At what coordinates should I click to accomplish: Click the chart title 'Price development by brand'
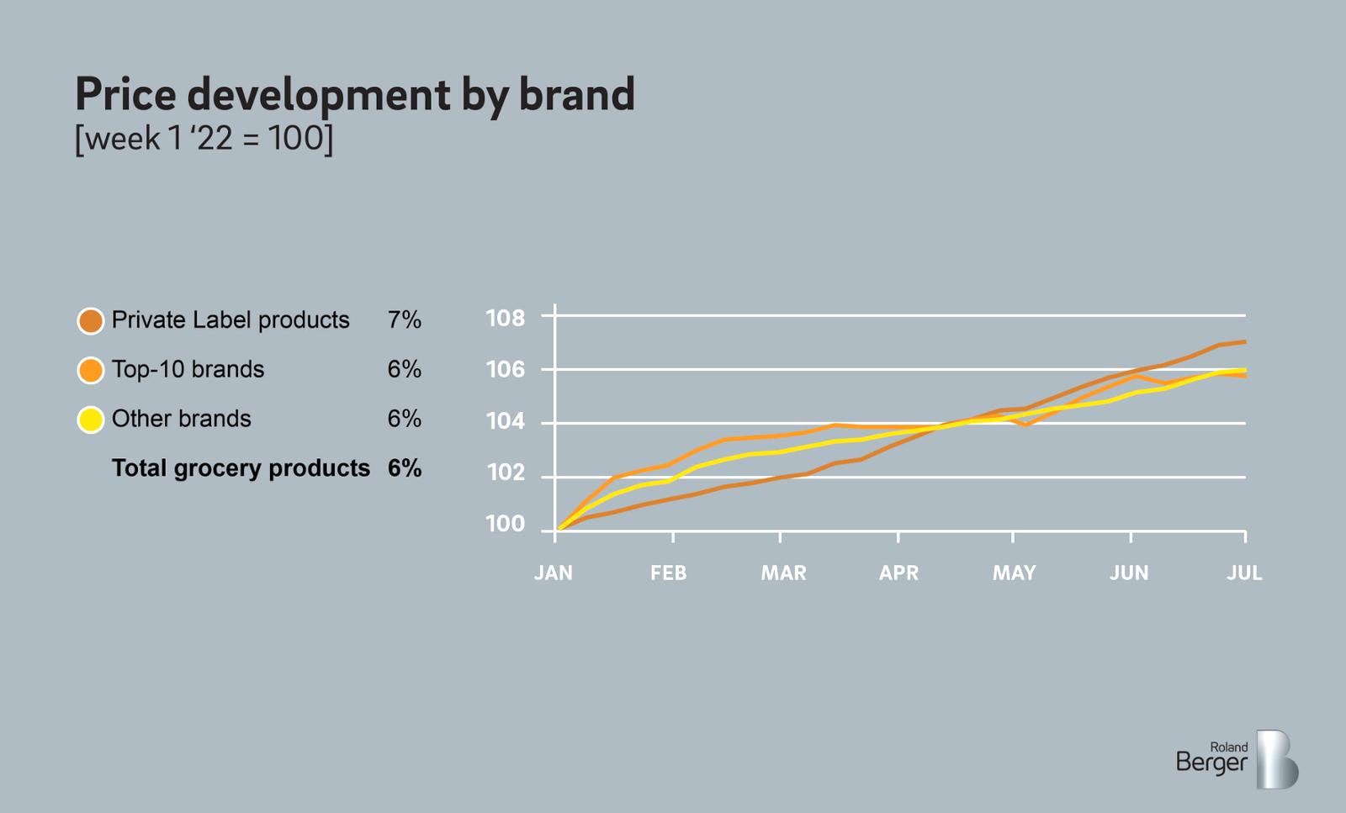(x=354, y=94)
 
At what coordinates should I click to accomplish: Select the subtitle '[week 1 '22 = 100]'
(x=204, y=139)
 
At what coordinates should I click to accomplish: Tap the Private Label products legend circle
(x=91, y=320)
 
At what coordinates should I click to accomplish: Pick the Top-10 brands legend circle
(x=91, y=370)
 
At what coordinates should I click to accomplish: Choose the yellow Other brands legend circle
(x=91, y=420)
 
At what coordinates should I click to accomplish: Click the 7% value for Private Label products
(x=404, y=320)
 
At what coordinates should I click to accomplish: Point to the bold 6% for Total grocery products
(x=404, y=468)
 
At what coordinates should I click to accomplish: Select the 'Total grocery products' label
(x=241, y=468)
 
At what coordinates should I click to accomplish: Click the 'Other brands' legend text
(x=181, y=419)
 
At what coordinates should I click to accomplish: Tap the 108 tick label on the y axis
(x=505, y=319)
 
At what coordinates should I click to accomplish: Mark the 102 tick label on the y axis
(x=505, y=473)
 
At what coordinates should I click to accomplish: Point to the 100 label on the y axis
(x=505, y=525)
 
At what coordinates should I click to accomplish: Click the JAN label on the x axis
(x=554, y=573)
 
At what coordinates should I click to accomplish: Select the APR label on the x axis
(x=898, y=573)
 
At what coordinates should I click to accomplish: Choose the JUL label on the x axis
(x=1244, y=573)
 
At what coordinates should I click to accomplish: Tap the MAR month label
(x=783, y=573)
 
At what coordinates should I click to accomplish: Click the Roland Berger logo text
(x=1212, y=758)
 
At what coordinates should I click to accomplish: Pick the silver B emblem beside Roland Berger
(x=1276, y=759)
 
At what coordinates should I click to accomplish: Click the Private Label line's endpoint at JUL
(x=1244, y=341)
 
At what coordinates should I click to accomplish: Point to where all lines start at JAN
(x=559, y=530)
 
